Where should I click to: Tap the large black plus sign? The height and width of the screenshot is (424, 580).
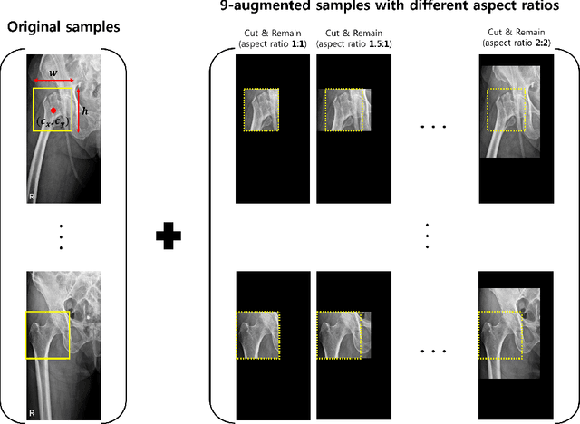point(169,237)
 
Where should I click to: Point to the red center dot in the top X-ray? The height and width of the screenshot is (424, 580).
point(53,110)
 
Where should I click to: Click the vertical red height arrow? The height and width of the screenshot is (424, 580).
point(78,110)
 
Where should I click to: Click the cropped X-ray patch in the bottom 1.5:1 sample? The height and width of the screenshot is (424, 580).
point(343,334)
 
